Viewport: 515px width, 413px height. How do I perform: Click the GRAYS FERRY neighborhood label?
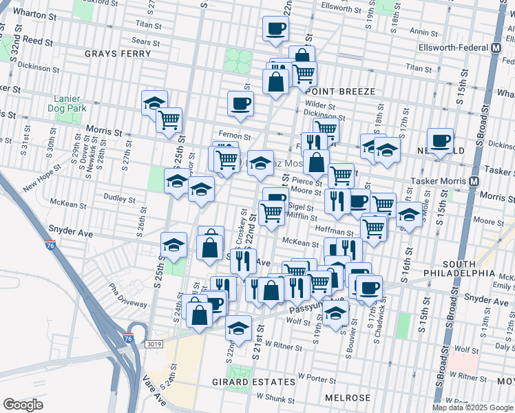tap(112, 53)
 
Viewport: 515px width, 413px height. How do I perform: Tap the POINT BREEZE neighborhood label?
tap(341, 92)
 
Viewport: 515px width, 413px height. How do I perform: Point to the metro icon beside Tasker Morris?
tap(474, 182)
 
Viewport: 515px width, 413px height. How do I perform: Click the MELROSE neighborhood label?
tap(349, 398)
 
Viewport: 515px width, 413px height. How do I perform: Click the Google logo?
tap(23, 405)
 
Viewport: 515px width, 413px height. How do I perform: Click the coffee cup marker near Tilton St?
tap(275, 29)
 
